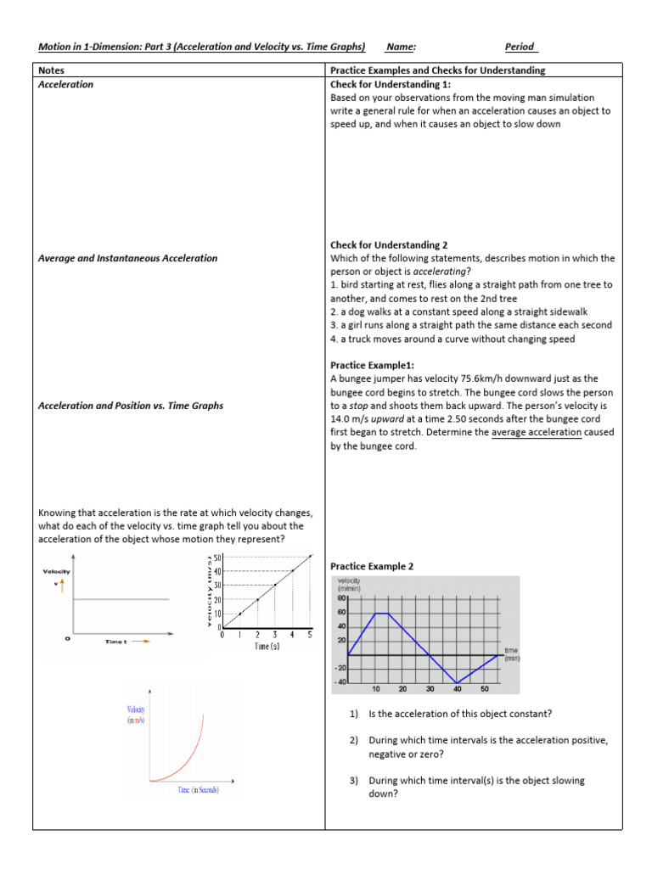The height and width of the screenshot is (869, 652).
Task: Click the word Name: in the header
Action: click(x=400, y=47)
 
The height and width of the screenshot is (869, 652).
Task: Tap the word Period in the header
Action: click(x=520, y=47)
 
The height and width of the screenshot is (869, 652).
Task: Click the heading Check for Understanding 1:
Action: click(x=391, y=85)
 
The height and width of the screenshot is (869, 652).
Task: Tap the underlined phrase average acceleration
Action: click(x=537, y=432)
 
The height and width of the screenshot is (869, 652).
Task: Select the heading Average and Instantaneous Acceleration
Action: click(x=128, y=258)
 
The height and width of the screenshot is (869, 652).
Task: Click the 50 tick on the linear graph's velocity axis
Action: click(x=217, y=557)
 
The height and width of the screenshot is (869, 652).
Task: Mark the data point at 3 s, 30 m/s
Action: click(x=275, y=585)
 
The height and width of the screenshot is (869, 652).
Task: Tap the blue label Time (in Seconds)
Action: click(x=198, y=790)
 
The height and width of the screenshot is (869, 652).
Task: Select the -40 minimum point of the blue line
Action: click(x=458, y=682)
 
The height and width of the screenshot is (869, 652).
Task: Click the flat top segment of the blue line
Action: click(x=382, y=613)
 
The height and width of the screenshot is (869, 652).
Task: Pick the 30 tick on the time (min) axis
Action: click(x=430, y=689)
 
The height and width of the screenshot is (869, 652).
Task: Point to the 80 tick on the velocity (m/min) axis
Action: click(x=341, y=597)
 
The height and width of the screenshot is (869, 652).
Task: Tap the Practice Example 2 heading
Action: click(x=372, y=566)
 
